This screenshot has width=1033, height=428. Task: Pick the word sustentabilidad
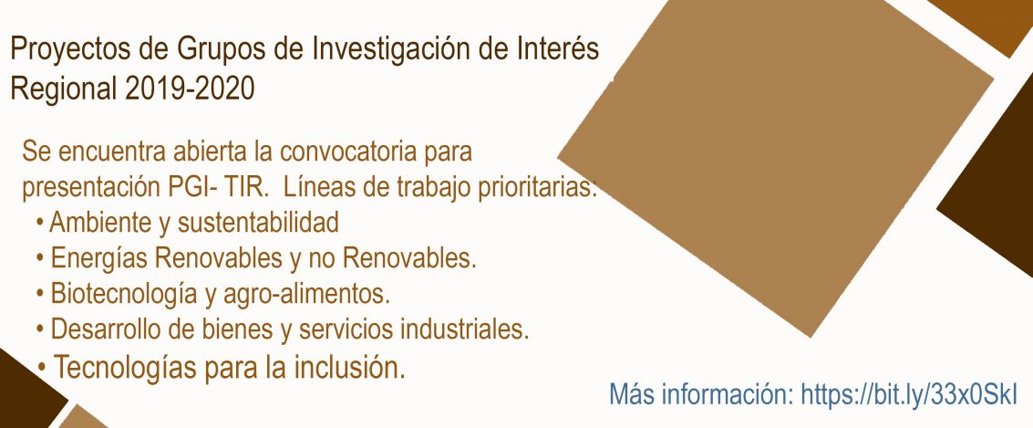coord(258,223)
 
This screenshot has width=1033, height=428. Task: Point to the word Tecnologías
coord(125,368)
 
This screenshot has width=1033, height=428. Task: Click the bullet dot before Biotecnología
coord(41,292)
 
